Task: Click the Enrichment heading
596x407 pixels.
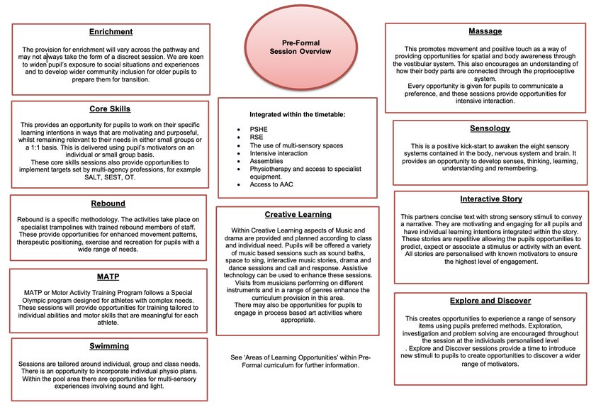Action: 111,32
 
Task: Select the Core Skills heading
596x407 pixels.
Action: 110,108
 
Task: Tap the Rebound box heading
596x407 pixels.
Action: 108,203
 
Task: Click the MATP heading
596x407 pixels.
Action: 108,276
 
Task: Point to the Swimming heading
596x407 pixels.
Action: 109,346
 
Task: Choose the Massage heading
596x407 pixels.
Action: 485,31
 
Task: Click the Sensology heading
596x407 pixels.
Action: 490,128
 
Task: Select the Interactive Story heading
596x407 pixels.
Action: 490,199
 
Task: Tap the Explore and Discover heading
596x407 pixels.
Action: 490,301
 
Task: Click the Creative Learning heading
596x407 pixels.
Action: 298,214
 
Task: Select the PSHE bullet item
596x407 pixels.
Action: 259,129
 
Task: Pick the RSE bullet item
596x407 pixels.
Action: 257,138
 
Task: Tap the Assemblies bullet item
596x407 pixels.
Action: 267,161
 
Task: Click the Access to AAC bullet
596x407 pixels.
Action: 272,184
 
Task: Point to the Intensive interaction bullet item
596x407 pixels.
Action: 279,153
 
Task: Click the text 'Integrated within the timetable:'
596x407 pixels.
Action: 297,113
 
